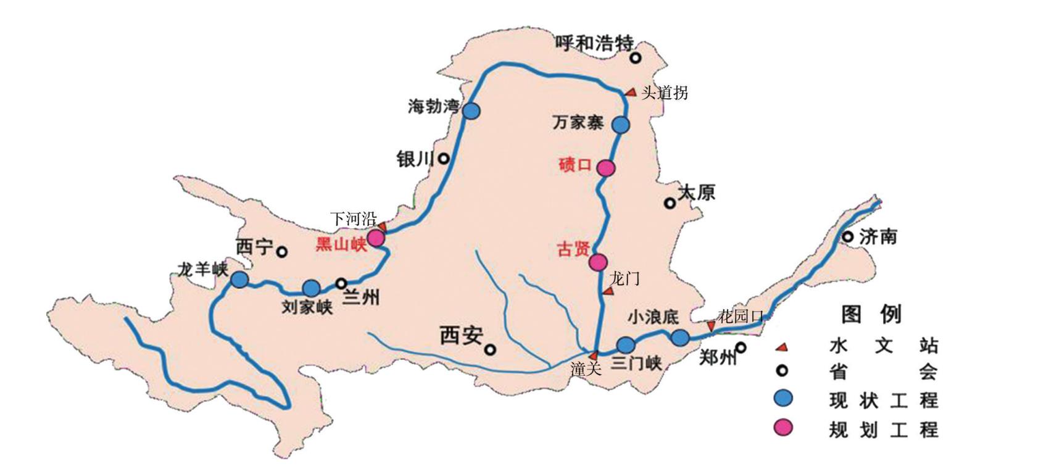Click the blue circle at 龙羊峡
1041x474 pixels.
[239, 280]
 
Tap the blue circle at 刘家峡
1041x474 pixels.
[312, 288]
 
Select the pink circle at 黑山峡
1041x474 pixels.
[375, 237]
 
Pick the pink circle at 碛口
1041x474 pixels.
[606, 168]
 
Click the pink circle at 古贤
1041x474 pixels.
[597, 262]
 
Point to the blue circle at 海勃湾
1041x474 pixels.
[471, 111]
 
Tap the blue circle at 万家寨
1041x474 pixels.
[621, 125]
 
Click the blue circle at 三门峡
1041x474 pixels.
[626, 345]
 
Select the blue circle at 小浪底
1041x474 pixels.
[680, 338]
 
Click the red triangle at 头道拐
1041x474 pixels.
[631, 93]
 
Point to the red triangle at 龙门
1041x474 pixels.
[609, 291]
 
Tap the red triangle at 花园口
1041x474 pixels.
[711, 326]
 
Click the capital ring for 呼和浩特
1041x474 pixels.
[635, 58]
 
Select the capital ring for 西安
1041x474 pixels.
[490, 350]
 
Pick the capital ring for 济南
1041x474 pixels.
[848, 236]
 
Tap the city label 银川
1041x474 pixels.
[415, 159]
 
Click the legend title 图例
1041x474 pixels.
[871, 315]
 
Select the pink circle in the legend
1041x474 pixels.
[784, 427]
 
